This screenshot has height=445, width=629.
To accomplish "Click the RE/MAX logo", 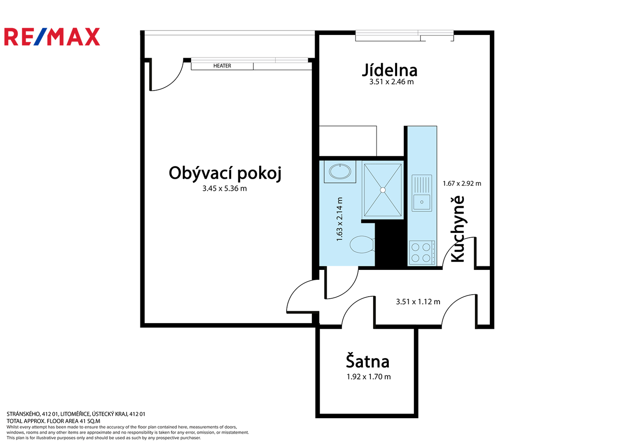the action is pyautogui.click(x=52, y=37).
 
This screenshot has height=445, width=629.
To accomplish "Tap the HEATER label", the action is pyautogui.click(x=222, y=66).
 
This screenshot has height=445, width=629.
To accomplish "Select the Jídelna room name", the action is pyautogui.click(x=390, y=70).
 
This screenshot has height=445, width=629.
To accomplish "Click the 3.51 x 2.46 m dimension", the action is pyautogui.click(x=391, y=82).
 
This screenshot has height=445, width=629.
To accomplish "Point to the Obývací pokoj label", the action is pyautogui.click(x=225, y=173).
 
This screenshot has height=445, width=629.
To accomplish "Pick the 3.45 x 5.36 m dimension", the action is pyautogui.click(x=224, y=189).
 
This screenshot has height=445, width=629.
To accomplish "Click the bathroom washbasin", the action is pyautogui.click(x=340, y=171).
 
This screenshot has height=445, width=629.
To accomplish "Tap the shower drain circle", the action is pyautogui.click(x=383, y=190).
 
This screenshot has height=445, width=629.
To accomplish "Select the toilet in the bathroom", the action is pyautogui.click(x=362, y=244).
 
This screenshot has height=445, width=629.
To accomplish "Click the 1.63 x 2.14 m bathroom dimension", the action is pyautogui.click(x=339, y=219).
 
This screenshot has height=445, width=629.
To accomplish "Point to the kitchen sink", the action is pyautogui.click(x=422, y=193).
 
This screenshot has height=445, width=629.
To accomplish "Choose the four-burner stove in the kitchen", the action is pyautogui.click(x=422, y=253).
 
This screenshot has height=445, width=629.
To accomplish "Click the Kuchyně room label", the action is pyautogui.click(x=458, y=229).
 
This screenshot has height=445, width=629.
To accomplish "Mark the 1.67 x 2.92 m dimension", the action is pyautogui.click(x=462, y=183).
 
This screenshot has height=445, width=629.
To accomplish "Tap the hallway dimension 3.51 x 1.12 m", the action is pyautogui.click(x=418, y=302).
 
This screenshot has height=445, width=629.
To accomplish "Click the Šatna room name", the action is pyautogui.click(x=367, y=361).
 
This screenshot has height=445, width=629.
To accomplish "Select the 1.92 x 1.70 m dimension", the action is pyautogui.click(x=368, y=377).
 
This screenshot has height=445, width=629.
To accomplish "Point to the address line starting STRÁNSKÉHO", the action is pyautogui.click(x=76, y=414).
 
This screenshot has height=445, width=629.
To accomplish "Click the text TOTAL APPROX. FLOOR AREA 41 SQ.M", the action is pyautogui.click(x=54, y=421).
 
